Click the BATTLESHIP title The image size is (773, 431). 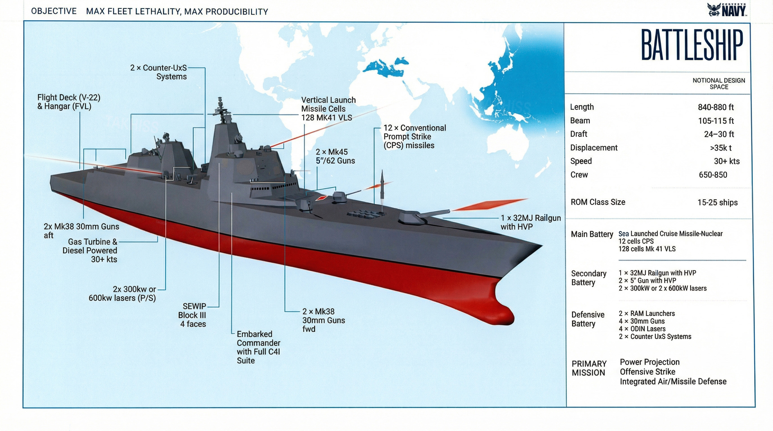point(691,45)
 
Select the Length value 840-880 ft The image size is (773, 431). point(716,107)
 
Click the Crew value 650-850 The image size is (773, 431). point(713,175)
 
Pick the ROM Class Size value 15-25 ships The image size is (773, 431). point(717,202)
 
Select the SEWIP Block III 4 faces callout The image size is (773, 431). point(193,315)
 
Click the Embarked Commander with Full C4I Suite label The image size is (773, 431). point(258,347)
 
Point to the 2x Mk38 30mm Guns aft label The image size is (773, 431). point(81,230)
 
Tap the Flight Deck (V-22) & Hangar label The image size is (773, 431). point(69,102)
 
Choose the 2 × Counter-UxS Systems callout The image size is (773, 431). point(158,72)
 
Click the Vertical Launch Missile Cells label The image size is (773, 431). point(328,109)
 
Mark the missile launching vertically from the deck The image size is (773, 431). point(382,184)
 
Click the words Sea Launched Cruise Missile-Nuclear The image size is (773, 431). point(670,233)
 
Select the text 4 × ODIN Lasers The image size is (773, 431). point(642,329)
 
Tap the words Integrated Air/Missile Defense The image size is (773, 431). point(673,382)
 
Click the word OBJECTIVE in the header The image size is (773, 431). point(54,11)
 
